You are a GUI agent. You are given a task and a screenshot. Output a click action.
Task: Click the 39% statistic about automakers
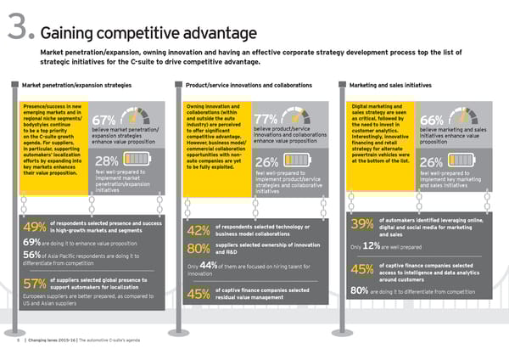pyautogui.click(x=361, y=224)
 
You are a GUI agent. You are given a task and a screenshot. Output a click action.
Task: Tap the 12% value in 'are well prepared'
pyautogui.click(x=370, y=246)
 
